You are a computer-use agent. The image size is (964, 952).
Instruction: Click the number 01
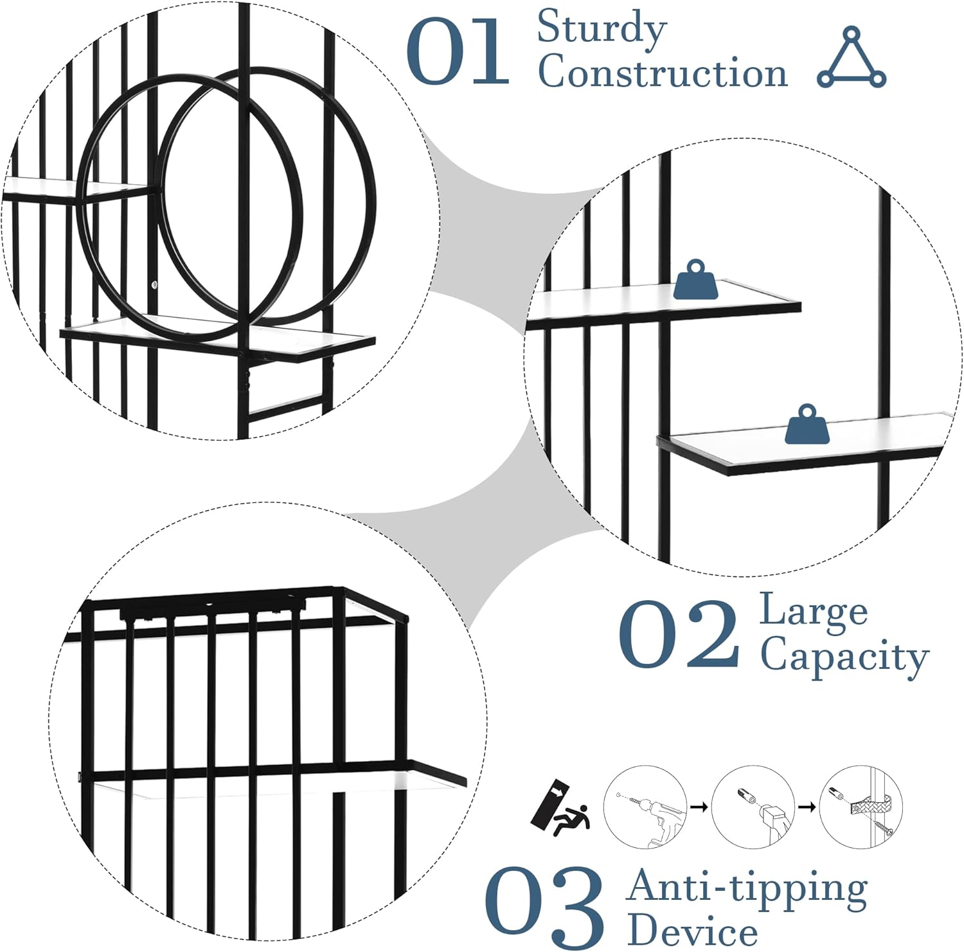point(458,51)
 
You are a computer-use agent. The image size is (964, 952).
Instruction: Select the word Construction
point(663,71)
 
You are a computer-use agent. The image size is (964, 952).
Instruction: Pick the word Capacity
point(844,657)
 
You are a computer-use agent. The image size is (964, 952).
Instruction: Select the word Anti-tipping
point(747,888)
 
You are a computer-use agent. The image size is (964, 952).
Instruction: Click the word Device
point(693,930)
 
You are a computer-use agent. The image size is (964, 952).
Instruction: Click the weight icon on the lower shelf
point(807,425)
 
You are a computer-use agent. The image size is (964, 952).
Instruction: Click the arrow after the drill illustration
point(699,805)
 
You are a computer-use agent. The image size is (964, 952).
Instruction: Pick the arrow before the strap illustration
point(807,805)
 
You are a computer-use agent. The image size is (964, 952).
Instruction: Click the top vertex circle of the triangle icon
point(852,33)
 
